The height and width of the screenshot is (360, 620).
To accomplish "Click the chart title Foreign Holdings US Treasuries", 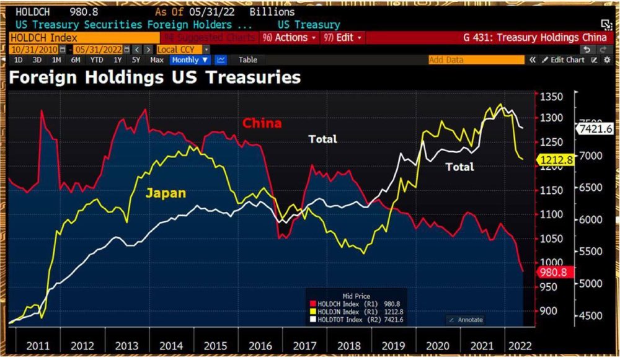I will (155, 77).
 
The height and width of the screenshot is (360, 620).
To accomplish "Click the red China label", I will (262, 123).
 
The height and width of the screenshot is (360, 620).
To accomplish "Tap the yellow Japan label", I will (166, 193).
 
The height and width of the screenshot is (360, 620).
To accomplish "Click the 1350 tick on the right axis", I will (551, 97).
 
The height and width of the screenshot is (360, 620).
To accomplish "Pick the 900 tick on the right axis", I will (549, 311).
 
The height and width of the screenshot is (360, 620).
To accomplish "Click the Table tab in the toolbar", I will (248, 60).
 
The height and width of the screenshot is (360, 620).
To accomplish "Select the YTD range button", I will (96, 60).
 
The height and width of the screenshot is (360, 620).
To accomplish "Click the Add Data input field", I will (476, 60).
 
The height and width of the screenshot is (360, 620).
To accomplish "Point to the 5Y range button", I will (136, 60).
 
